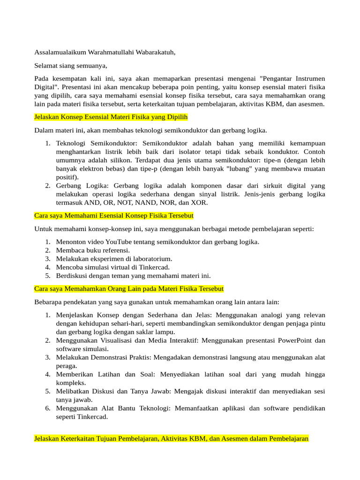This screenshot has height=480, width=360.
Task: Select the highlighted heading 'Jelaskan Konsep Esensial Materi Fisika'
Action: click(x=112, y=117)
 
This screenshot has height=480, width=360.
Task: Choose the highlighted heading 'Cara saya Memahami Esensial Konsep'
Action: click(x=114, y=216)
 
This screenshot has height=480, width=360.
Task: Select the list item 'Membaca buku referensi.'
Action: click(x=93, y=250)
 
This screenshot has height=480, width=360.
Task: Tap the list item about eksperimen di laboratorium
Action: click(x=114, y=259)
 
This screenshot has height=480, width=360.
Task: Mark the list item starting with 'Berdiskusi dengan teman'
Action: click(x=133, y=276)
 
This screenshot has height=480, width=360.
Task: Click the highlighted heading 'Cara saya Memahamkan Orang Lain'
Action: click(x=129, y=289)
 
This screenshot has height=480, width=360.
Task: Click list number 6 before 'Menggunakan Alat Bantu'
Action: click(x=48, y=408)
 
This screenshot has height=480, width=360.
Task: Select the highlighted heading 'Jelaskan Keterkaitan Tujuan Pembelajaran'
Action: click(x=172, y=439)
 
